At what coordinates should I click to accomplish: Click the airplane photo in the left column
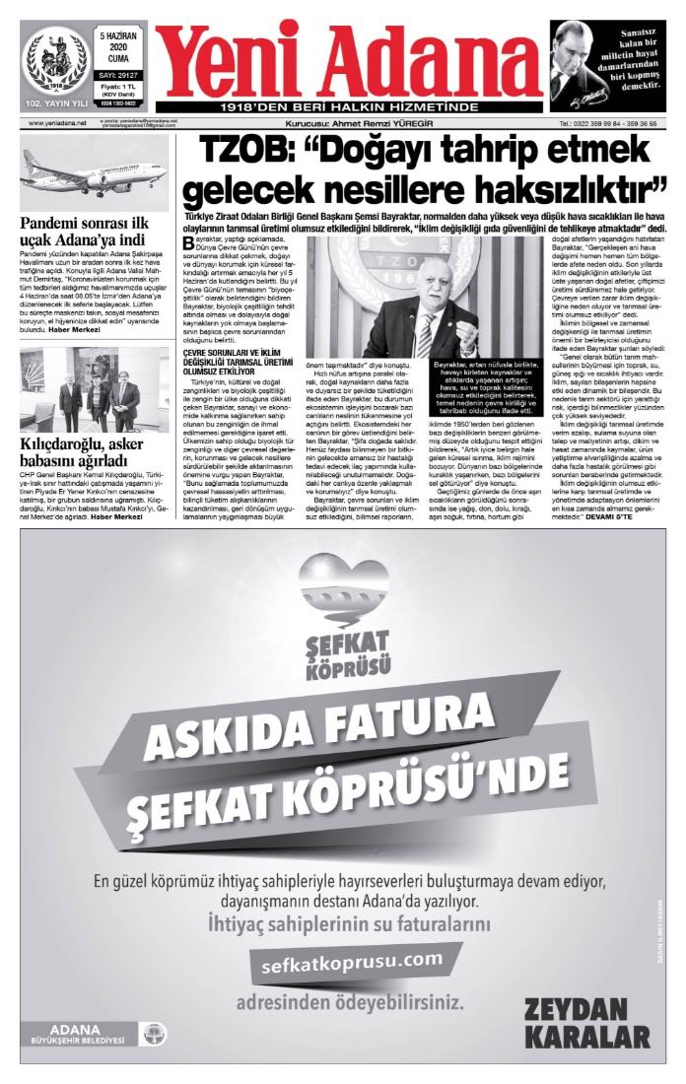click(x=93, y=172)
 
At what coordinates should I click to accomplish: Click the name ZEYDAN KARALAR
click(x=587, y=1024)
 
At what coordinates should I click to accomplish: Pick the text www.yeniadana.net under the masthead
click(x=57, y=124)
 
